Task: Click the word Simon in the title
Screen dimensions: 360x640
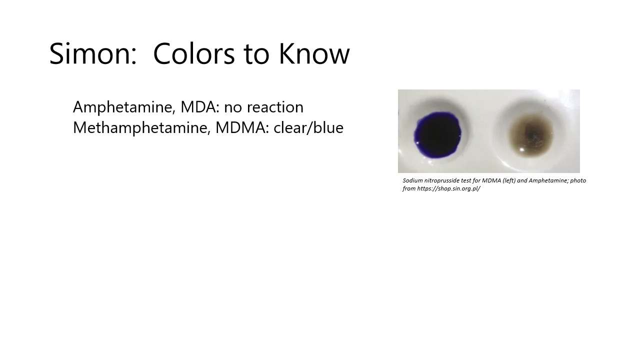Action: pos(92,54)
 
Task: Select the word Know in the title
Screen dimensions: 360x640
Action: pos(314,54)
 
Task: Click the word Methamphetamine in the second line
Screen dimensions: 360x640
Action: pos(141,128)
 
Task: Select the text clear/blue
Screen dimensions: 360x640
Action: pos(308,127)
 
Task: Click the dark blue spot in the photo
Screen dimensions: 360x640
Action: pos(437,133)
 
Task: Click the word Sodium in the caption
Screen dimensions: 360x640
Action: pos(412,180)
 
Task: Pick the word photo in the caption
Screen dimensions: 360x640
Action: pos(578,180)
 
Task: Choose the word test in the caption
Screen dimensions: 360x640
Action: pos(468,180)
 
